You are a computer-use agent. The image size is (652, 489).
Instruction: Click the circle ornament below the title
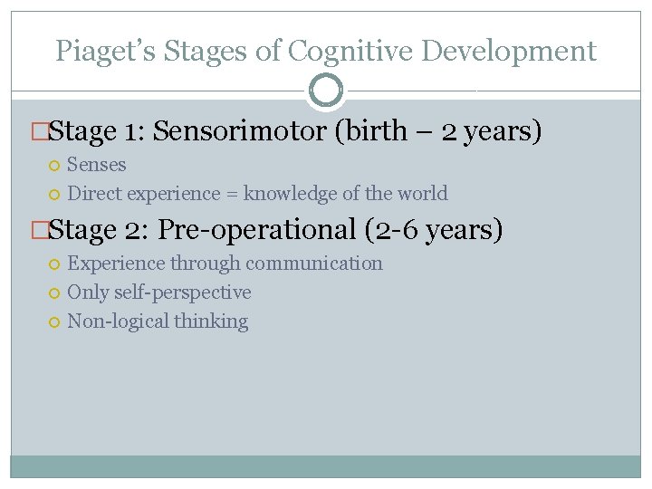(x=326, y=91)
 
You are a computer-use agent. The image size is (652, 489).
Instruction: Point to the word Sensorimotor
(x=240, y=131)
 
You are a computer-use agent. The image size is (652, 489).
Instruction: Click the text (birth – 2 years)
(x=438, y=131)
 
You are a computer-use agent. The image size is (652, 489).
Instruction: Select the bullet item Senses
(x=97, y=165)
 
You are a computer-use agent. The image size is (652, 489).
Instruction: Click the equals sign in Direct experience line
(x=232, y=194)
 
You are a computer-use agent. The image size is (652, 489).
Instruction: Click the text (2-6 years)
(x=433, y=230)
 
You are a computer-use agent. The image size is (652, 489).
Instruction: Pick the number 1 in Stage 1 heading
(x=131, y=131)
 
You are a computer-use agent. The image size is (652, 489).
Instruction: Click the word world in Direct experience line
(x=424, y=194)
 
